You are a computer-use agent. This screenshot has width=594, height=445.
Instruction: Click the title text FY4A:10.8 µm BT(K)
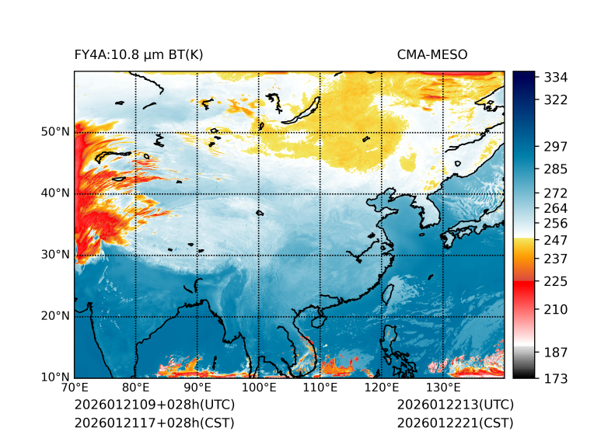(x=138, y=54)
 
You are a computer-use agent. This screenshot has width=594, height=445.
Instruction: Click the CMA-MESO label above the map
(x=432, y=54)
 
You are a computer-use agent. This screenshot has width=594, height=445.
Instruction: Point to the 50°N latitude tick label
(x=55, y=132)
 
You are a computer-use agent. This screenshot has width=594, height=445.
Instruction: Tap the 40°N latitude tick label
(x=55, y=193)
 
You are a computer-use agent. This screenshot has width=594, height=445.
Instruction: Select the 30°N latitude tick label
(x=55, y=255)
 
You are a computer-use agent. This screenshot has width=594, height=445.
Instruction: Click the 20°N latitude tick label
(x=55, y=316)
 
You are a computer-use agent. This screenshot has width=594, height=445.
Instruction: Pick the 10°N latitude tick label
(x=55, y=377)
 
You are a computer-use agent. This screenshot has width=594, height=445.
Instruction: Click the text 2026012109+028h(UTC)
(x=154, y=405)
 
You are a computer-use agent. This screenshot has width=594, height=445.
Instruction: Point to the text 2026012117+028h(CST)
(x=154, y=422)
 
